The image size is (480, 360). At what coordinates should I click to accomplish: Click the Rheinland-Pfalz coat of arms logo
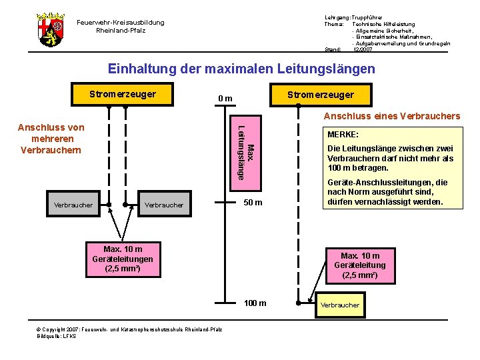[x=50, y=29]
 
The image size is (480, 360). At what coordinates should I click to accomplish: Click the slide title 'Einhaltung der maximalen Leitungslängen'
[x=241, y=69]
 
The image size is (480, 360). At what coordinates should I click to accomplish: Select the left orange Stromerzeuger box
[x=123, y=94]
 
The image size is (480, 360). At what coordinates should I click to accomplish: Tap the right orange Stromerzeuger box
[x=320, y=95]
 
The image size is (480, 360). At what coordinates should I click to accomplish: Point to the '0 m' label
[x=225, y=99]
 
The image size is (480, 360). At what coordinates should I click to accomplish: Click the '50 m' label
[x=252, y=203]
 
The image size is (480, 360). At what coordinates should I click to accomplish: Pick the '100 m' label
[x=254, y=303]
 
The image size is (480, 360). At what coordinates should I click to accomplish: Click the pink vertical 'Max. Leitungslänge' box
[x=245, y=151]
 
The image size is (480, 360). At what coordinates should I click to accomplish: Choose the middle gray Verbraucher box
[x=163, y=205]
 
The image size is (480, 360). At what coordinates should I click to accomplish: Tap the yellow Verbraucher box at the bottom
[x=339, y=305]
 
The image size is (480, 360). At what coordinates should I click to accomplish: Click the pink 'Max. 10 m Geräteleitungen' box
[x=123, y=259]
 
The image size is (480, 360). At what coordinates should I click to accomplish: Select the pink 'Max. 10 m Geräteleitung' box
[x=360, y=265]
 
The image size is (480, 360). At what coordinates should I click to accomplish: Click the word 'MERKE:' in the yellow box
[x=343, y=134]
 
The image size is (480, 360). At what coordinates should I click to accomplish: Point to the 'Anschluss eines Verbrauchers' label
[x=391, y=116]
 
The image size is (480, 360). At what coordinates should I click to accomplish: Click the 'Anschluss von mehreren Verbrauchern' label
[x=51, y=138]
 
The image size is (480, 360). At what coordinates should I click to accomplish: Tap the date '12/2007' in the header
[x=363, y=49]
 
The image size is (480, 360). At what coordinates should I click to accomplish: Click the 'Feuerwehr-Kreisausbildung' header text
[x=121, y=22]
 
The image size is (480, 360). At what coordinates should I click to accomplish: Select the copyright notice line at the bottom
[x=129, y=330]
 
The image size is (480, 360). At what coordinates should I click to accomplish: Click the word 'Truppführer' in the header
[x=367, y=17]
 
